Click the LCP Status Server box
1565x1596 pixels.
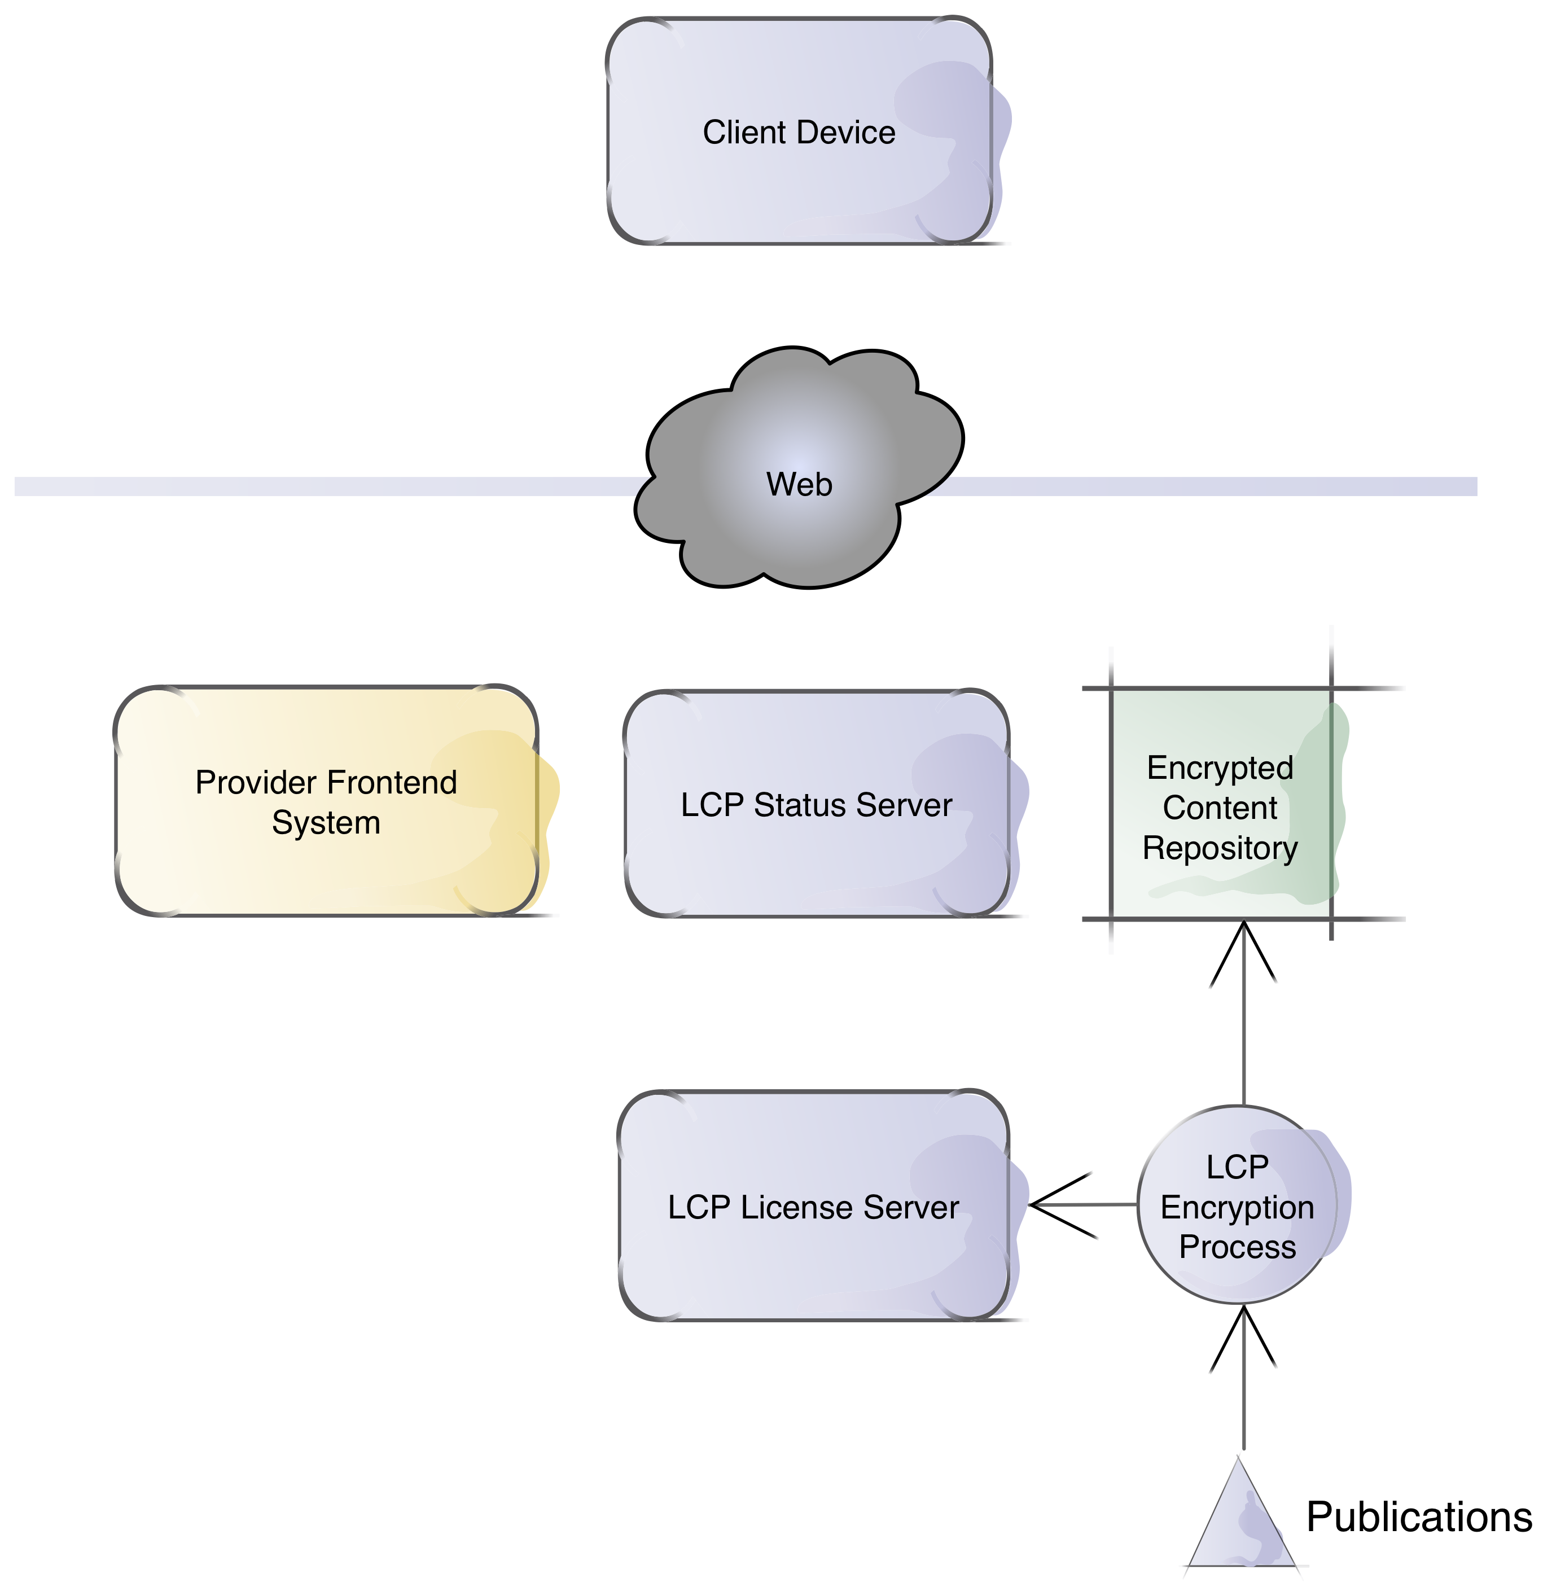[x=816, y=854]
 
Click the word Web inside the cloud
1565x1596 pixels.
[x=799, y=485]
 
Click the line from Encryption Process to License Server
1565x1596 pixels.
[x=1085, y=1205]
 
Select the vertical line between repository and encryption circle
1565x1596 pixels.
[x=1244, y=1019]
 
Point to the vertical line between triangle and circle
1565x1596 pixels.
[x=1244, y=1389]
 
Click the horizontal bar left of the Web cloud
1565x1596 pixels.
[x=329, y=486]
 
